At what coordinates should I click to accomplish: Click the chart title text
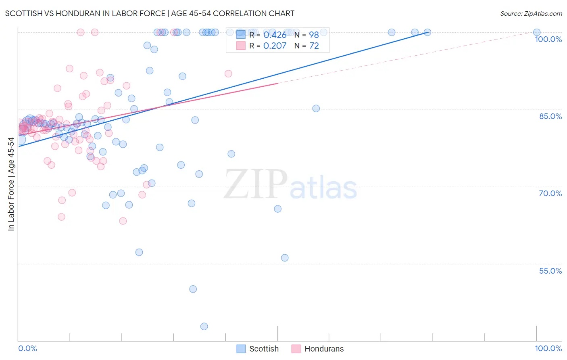[x=150, y=13]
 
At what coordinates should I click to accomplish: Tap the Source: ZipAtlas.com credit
[x=531, y=13]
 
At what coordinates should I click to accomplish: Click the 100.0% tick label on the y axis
[x=548, y=39]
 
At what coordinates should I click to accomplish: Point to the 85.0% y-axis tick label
[x=550, y=116]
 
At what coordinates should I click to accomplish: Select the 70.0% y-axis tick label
[x=550, y=193]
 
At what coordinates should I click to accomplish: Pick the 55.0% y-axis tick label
[x=550, y=271]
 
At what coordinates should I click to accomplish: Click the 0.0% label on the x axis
[x=27, y=349]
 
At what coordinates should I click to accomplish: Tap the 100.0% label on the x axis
[x=548, y=349]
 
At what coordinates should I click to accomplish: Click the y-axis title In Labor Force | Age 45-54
[x=11, y=184]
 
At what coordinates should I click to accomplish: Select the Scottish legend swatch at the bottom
[x=241, y=349]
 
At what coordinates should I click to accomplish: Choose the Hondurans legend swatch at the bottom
[x=296, y=349]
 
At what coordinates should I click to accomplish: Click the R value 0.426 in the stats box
[x=275, y=35]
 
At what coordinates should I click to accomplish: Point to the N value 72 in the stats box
[x=314, y=46]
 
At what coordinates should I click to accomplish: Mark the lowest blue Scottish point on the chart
[x=204, y=327]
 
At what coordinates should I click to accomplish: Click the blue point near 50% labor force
[x=193, y=289]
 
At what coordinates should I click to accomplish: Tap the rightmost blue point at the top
[x=537, y=32]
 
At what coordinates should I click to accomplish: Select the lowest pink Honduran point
[x=123, y=221]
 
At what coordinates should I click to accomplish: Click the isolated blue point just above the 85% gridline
[x=316, y=109]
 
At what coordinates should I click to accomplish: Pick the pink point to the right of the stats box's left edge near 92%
[x=228, y=73]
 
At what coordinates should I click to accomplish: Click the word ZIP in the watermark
[x=255, y=184]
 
